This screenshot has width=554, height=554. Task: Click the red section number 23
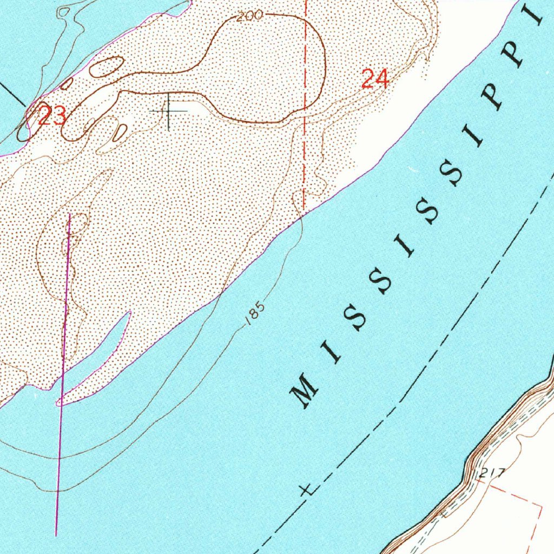(x=52, y=116)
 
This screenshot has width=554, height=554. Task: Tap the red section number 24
(x=375, y=80)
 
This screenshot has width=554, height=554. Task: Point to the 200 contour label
(x=249, y=16)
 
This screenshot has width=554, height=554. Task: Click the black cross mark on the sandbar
(x=169, y=111)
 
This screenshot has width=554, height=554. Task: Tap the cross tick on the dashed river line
(x=306, y=490)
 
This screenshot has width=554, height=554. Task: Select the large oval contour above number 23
(x=106, y=67)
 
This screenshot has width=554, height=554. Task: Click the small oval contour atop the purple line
(x=77, y=223)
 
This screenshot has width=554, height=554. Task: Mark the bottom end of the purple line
(x=56, y=535)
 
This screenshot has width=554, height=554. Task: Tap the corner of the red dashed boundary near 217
(x=542, y=506)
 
